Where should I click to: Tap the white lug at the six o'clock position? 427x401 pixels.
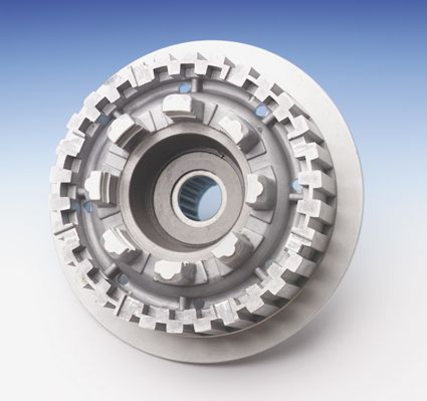167,270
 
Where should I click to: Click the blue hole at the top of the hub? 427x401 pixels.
185,88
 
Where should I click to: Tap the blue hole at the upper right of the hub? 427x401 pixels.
262,110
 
